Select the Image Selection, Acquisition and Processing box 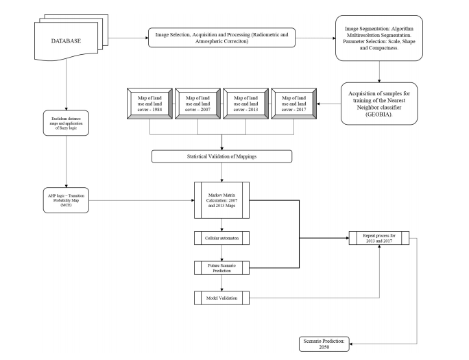pos(221,37)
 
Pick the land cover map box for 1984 pos(149,104)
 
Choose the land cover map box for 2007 pos(197,104)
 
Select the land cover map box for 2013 pos(245,104)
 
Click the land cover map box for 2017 pos(293,104)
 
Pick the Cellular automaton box pos(221,239)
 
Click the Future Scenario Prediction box pos(221,267)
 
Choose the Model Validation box pos(221,298)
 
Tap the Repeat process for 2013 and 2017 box pos(379,239)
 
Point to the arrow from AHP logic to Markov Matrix pos(144,201)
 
